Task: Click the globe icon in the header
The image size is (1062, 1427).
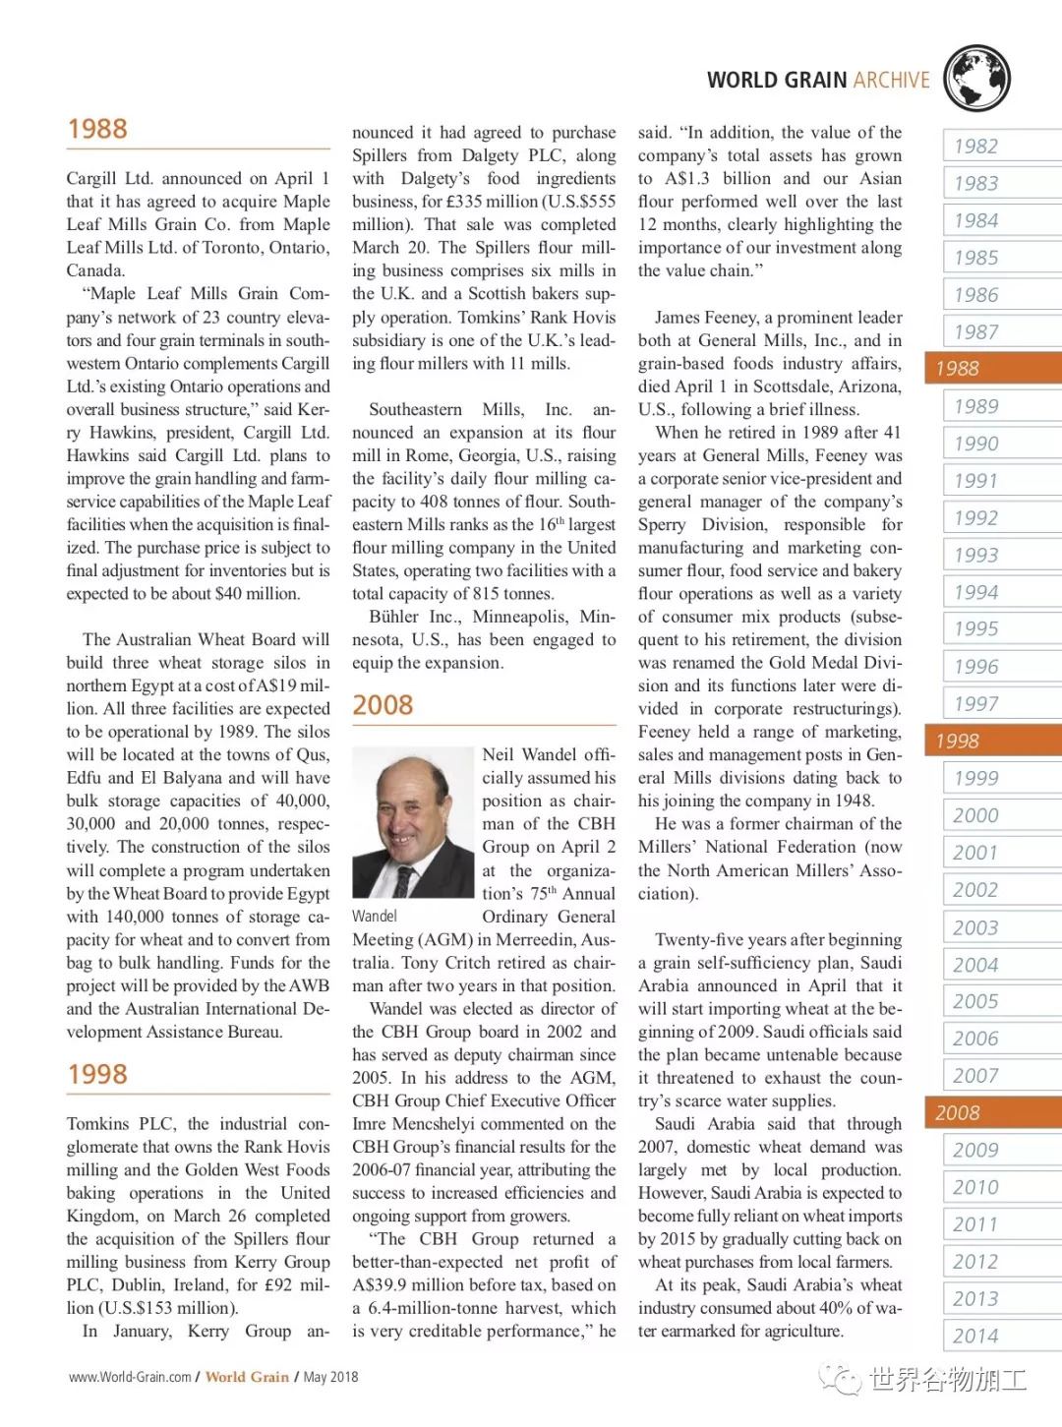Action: click(x=976, y=78)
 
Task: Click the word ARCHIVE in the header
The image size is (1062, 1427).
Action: click(x=891, y=81)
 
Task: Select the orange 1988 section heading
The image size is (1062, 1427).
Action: click(x=97, y=129)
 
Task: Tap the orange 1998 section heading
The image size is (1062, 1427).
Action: click(x=97, y=1074)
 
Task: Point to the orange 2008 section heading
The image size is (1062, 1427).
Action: click(x=383, y=705)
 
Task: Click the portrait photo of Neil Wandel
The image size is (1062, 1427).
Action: click(x=412, y=824)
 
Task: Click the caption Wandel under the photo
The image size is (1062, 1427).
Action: click(x=375, y=917)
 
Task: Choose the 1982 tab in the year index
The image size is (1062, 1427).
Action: click(x=975, y=147)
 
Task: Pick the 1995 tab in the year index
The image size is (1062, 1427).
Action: click(x=975, y=628)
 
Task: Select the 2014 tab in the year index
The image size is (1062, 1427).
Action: click(x=975, y=1336)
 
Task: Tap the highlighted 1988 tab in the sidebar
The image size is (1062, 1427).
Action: click(x=958, y=369)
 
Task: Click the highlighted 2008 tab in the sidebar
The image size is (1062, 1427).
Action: click(x=958, y=1113)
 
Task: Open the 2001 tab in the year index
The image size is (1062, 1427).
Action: click(x=975, y=853)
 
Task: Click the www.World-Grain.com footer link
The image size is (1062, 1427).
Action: click(x=130, y=1377)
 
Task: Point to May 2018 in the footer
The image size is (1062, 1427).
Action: click(x=330, y=1377)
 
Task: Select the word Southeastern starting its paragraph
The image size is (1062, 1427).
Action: click(x=415, y=409)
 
